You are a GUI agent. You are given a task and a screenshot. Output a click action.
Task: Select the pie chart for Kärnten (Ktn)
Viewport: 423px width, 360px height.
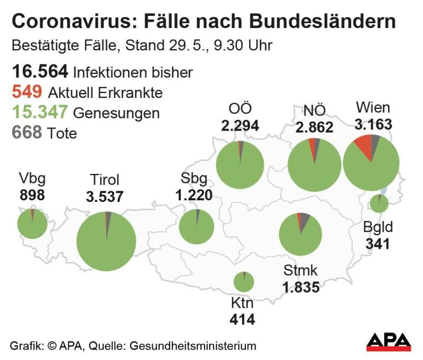point(244,282)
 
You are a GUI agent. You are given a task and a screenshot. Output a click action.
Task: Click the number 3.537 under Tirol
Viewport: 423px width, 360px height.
point(105,197)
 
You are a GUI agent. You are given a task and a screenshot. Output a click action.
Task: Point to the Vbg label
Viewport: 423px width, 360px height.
point(31,178)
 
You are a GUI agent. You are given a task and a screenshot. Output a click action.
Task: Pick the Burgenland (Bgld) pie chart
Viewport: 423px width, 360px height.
point(379,204)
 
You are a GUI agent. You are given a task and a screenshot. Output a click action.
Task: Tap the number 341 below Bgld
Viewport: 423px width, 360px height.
point(378,244)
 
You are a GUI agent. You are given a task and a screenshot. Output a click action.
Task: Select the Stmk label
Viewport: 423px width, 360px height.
point(300,272)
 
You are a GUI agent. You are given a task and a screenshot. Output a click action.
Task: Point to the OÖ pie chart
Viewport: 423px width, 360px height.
point(240,165)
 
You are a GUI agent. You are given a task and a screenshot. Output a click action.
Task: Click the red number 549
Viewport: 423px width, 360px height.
point(26,93)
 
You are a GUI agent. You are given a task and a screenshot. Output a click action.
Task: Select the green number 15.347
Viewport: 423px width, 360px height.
point(39,112)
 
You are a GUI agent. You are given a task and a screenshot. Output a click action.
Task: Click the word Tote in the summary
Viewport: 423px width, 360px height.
point(62,133)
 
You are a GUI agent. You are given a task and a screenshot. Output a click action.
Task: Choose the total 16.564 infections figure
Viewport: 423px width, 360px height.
point(39,72)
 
